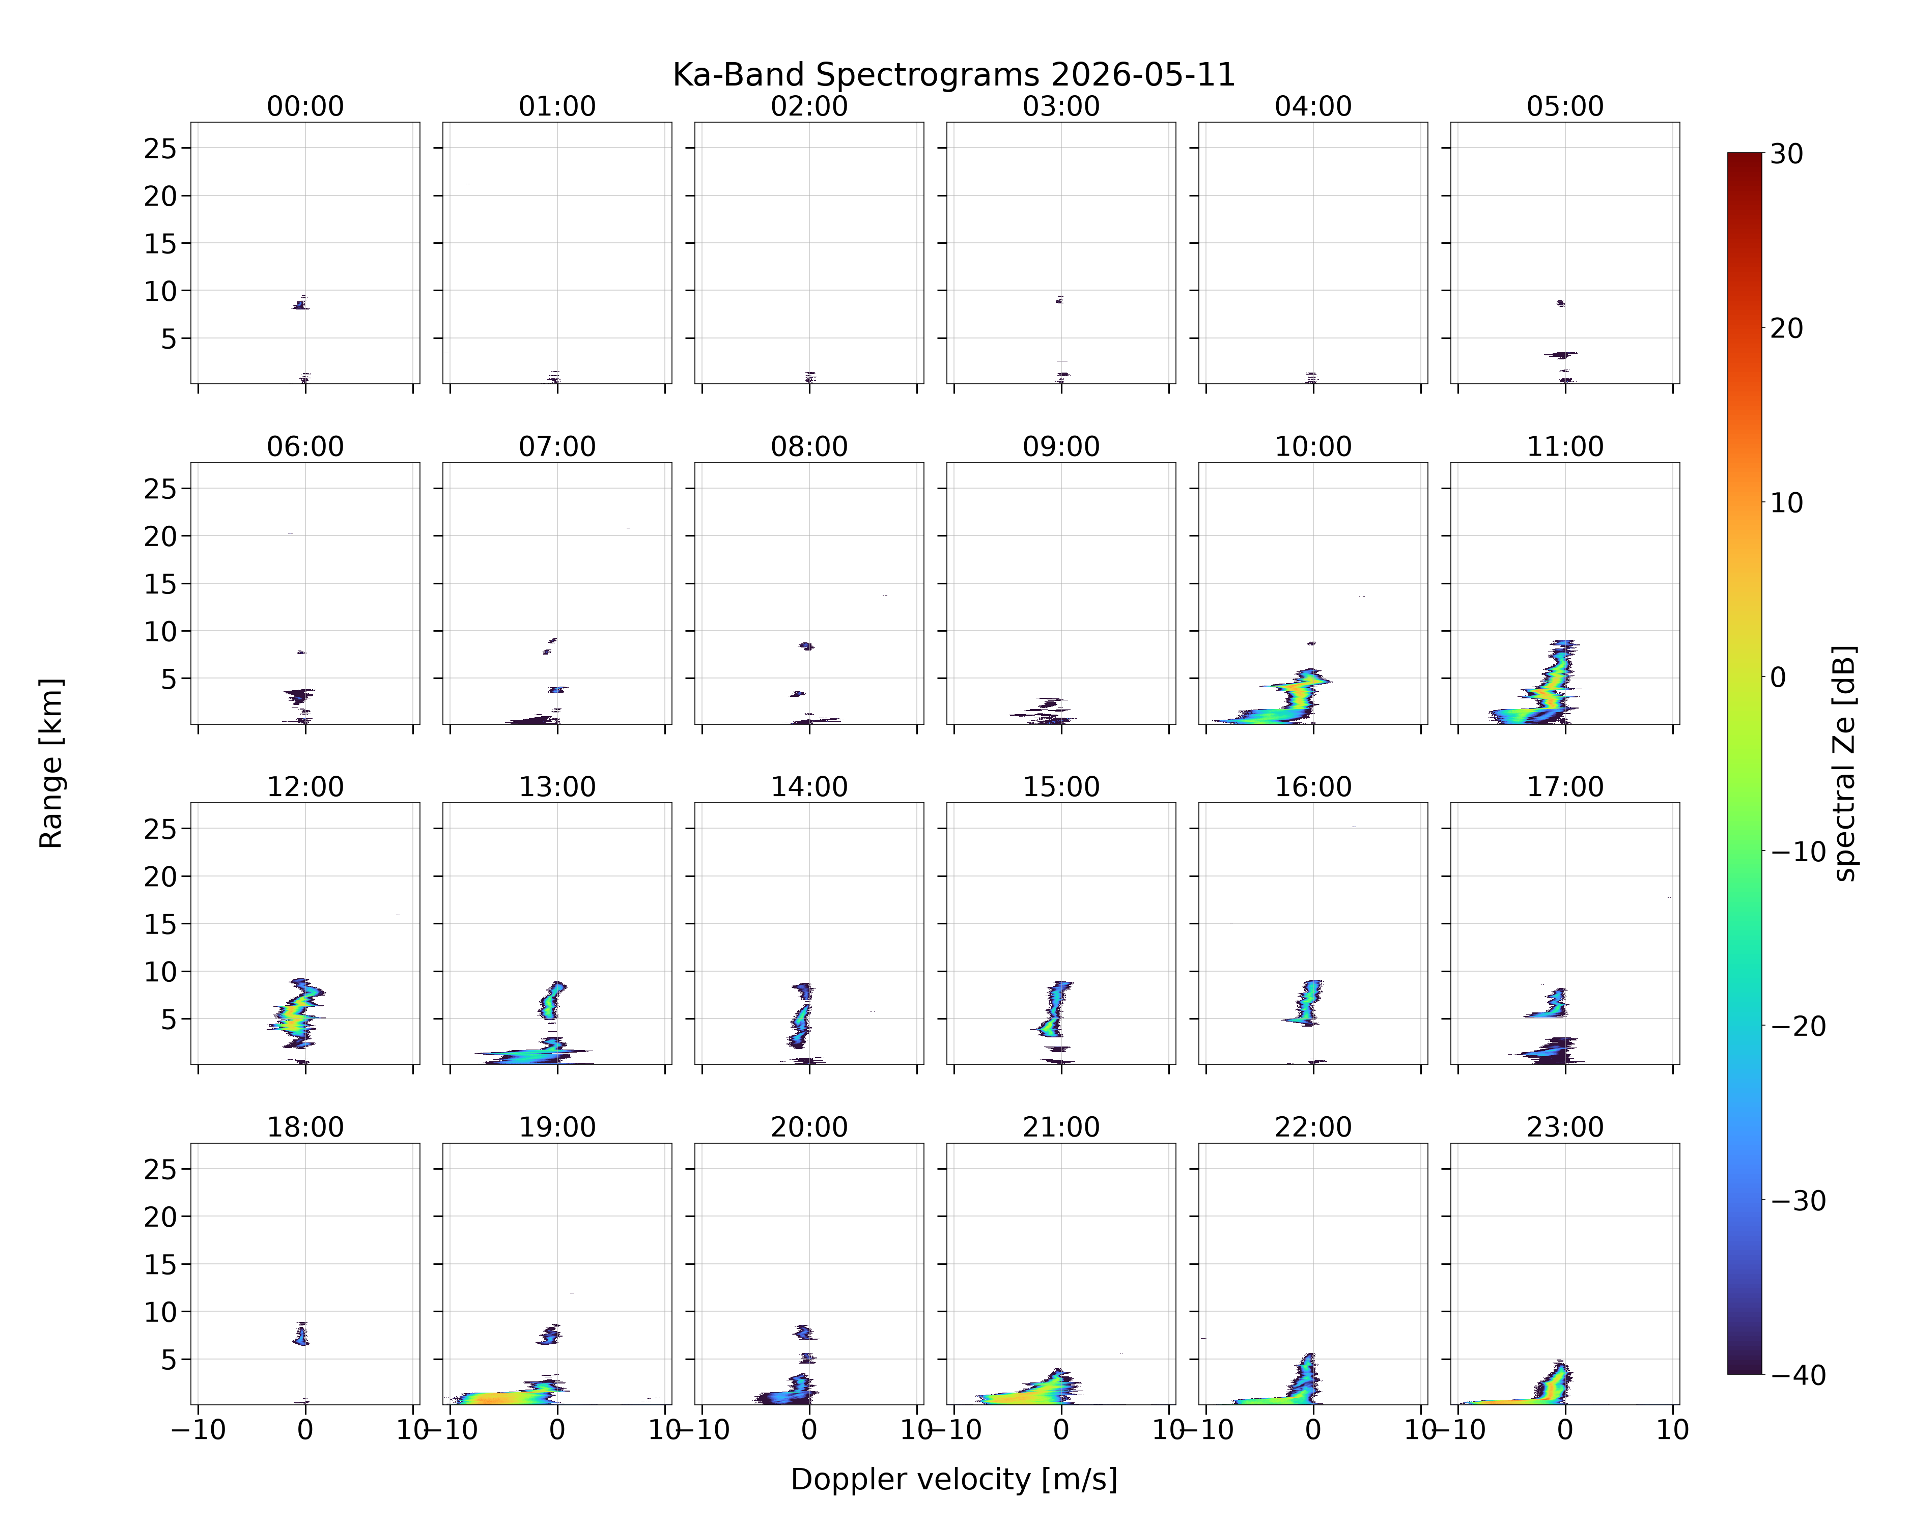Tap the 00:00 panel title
(x=305, y=106)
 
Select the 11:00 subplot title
(x=1564, y=446)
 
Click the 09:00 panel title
(x=1061, y=446)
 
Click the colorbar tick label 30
(x=1787, y=154)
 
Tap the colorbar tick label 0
(x=1778, y=677)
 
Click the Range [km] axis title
(x=51, y=763)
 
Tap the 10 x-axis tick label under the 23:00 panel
(x=1673, y=1430)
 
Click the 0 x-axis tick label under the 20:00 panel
(x=808, y=1430)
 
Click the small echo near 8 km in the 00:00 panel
(x=301, y=304)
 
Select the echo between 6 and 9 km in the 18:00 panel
(x=302, y=1334)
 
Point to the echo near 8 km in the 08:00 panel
(x=806, y=646)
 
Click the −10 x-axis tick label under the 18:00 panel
(x=199, y=1430)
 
